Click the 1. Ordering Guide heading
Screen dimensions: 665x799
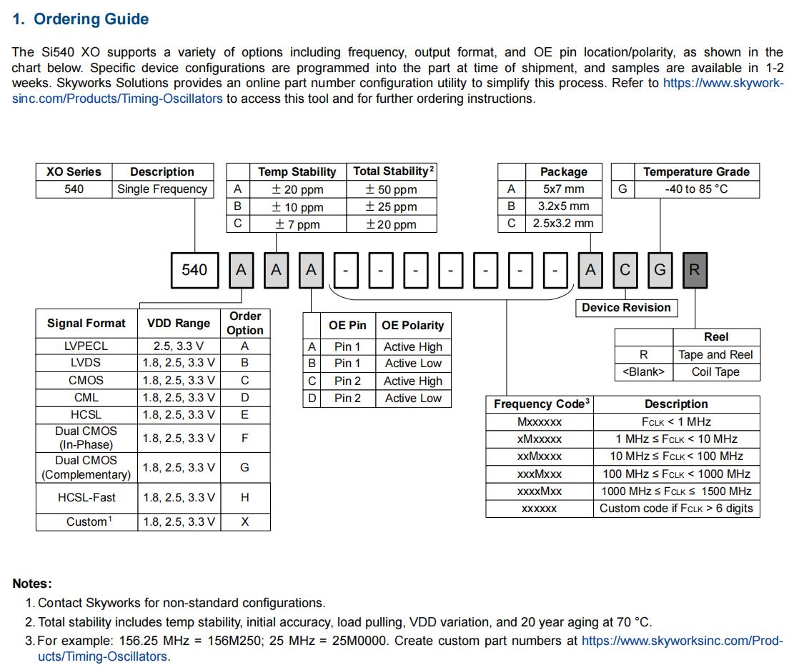[81, 19]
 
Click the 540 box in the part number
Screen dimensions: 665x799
[194, 270]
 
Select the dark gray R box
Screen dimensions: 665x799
[695, 270]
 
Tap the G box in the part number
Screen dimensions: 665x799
[660, 270]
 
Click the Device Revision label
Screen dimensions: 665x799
[626, 308]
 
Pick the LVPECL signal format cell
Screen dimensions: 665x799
[86, 346]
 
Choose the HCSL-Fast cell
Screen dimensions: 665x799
[86, 497]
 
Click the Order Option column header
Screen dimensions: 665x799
[245, 323]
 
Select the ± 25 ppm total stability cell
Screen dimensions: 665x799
[391, 207]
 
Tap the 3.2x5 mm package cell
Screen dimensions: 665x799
[563, 206]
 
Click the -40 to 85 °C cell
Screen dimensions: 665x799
[696, 189]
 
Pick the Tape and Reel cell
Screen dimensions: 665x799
[715, 354]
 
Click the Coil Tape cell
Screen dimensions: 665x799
[715, 371]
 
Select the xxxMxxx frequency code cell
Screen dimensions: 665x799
[539, 474]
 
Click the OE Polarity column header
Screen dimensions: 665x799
[412, 325]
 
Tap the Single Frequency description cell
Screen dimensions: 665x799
[162, 189]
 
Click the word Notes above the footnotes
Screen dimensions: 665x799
[32, 584]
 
